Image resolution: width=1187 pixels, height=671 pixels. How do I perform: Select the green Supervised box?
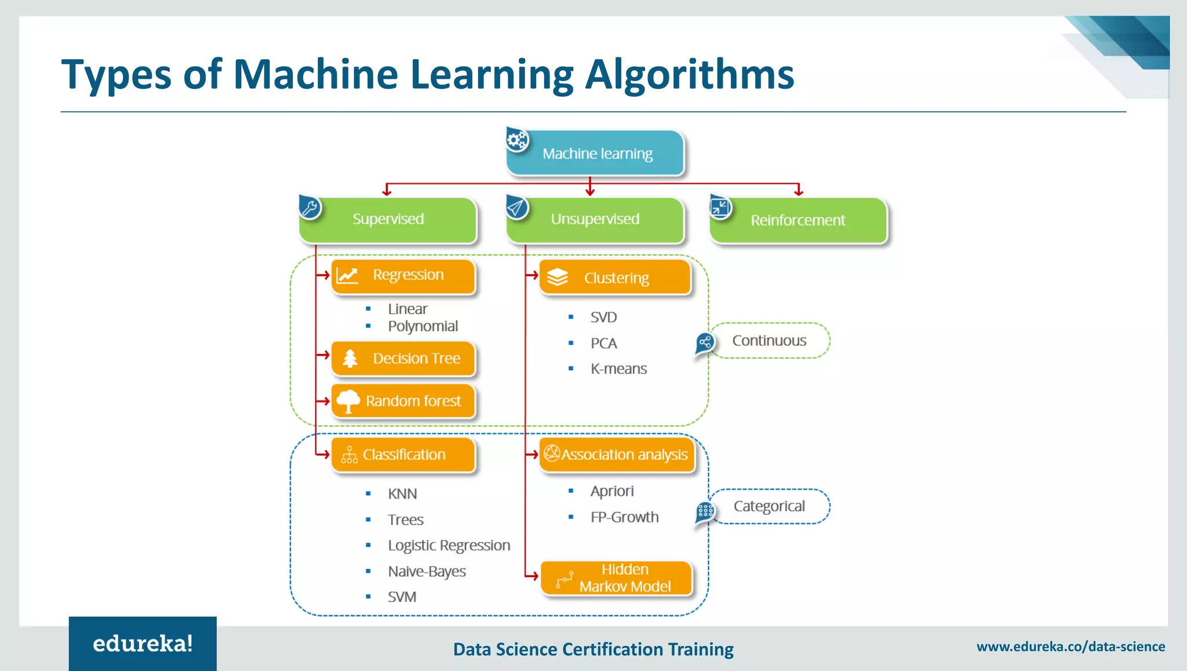tap(388, 219)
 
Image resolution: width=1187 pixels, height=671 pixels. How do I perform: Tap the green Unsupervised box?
tap(595, 219)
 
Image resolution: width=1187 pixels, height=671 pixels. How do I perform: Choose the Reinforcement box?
tap(798, 220)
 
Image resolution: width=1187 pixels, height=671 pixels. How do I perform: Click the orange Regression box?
tap(403, 276)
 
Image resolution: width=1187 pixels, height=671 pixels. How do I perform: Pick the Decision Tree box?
tap(403, 358)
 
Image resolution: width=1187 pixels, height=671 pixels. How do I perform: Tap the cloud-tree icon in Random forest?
tap(348, 401)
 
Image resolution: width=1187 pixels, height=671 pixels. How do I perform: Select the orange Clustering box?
tap(616, 278)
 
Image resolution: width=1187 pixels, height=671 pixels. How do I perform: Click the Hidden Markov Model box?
tap(617, 578)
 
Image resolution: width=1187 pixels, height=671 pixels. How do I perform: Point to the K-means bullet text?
tap(618, 369)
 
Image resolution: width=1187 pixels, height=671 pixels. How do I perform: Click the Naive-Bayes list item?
tap(427, 571)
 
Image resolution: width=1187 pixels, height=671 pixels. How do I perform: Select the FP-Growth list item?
tap(624, 517)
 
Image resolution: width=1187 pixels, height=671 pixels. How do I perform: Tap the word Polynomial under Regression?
tap(423, 327)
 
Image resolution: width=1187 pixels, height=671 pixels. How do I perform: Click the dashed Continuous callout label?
tap(769, 340)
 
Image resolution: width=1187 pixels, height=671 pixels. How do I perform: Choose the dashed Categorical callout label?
tap(769, 506)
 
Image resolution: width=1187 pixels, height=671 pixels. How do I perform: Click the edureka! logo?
tap(143, 644)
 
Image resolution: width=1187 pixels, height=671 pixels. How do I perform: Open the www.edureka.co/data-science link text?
tap(1071, 647)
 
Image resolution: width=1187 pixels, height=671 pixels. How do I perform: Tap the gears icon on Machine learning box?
tap(517, 140)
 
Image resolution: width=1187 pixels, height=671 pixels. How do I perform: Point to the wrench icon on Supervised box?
tap(310, 208)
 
